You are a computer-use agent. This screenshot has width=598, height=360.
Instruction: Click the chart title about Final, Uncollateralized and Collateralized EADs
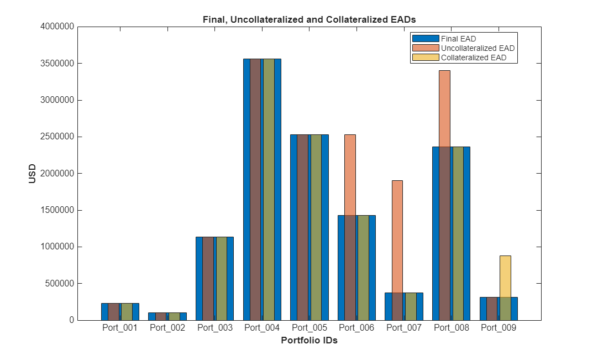tap(309, 19)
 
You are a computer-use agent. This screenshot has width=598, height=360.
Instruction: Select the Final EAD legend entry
tap(458, 39)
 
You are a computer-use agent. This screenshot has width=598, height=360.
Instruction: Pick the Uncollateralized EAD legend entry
tap(478, 48)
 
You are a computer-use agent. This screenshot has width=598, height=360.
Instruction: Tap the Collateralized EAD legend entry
tap(473, 58)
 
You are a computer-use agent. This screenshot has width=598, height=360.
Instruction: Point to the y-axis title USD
tap(33, 173)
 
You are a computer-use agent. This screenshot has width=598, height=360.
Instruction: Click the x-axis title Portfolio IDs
tap(309, 341)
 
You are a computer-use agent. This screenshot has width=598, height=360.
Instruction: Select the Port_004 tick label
tap(262, 328)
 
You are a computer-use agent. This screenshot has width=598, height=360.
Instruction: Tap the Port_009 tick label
tap(499, 328)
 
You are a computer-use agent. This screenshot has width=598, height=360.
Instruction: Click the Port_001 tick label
tap(120, 328)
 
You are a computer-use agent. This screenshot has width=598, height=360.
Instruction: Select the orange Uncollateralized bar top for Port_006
tap(350, 136)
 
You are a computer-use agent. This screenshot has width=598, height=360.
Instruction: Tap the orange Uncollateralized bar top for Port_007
tap(397, 182)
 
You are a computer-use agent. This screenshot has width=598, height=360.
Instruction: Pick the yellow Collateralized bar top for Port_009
tap(505, 257)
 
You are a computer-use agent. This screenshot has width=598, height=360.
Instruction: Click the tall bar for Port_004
tap(262, 188)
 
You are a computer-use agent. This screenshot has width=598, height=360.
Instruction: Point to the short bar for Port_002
tap(167, 316)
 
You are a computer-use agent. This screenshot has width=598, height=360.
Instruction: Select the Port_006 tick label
tap(356, 328)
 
